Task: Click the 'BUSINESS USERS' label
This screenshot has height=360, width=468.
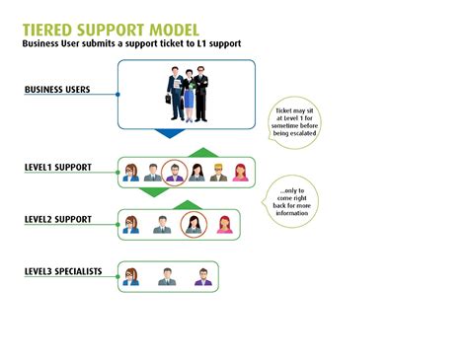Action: [57, 90]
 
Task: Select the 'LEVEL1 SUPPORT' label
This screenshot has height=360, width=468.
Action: [58, 168]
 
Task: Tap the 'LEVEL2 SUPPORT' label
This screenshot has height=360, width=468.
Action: [58, 218]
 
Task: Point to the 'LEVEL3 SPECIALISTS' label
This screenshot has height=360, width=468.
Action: [63, 270]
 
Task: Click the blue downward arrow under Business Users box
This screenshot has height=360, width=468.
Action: [171, 132]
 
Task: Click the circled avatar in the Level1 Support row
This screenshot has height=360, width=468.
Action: [174, 173]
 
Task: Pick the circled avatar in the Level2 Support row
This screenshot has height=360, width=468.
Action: [194, 225]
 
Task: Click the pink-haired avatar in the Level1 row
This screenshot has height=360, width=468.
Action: [240, 173]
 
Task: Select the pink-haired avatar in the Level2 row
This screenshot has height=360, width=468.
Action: [224, 225]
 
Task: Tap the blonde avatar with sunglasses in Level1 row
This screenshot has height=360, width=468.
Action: [218, 173]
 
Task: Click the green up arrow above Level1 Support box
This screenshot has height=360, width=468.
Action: [201, 152]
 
